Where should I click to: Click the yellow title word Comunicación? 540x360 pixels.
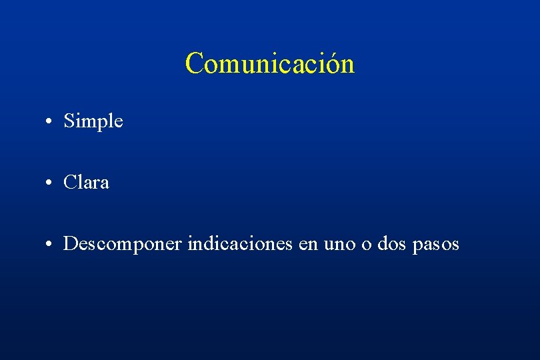pyautogui.click(x=269, y=63)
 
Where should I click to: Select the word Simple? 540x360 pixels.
pyautogui.click(x=93, y=121)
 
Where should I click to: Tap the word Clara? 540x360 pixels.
pyautogui.click(x=86, y=182)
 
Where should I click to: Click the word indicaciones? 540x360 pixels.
pyautogui.click(x=240, y=244)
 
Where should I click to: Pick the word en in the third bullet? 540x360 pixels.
pyautogui.click(x=308, y=245)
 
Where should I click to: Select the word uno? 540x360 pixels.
pyautogui.click(x=339, y=245)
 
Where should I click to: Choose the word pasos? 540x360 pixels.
pyautogui.click(x=436, y=245)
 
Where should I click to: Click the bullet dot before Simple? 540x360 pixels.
pyautogui.click(x=51, y=122)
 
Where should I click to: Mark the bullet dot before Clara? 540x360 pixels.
pyautogui.click(x=51, y=183)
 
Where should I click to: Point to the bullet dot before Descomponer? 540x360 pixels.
pyautogui.click(x=51, y=245)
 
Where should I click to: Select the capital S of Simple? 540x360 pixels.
pyautogui.click(x=69, y=121)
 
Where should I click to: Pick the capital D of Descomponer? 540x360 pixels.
pyautogui.click(x=70, y=244)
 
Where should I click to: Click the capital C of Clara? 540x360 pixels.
pyautogui.click(x=70, y=182)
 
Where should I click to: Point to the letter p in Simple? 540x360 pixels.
pyautogui.click(x=104, y=123)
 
